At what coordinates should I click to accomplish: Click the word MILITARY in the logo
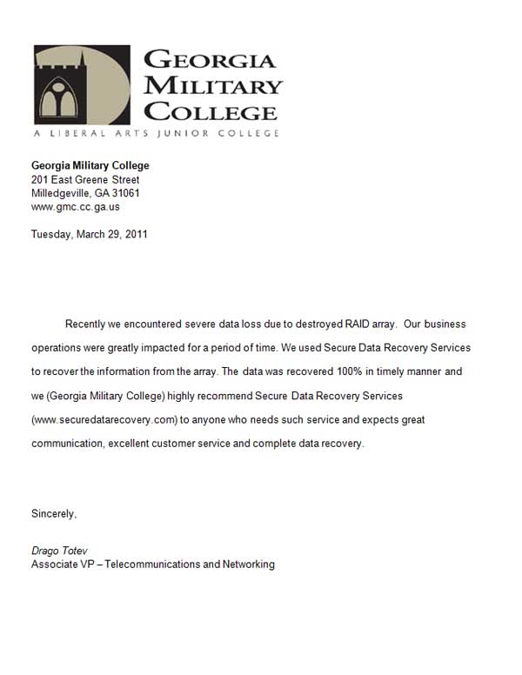tap(212, 86)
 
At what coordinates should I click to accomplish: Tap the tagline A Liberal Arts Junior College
tap(157, 133)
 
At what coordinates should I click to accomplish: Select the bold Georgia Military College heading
tap(90, 166)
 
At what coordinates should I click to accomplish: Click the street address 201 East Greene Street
tap(85, 180)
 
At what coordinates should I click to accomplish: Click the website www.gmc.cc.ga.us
tap(76, 207)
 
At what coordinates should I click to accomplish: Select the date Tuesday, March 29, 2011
tap(90, 234)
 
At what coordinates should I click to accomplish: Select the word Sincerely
tap(54, 514)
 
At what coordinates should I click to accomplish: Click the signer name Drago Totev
tap(60, 551)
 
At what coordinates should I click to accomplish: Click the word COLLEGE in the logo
tap(211, 112)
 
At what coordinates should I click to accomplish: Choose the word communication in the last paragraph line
tap(67, 444)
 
